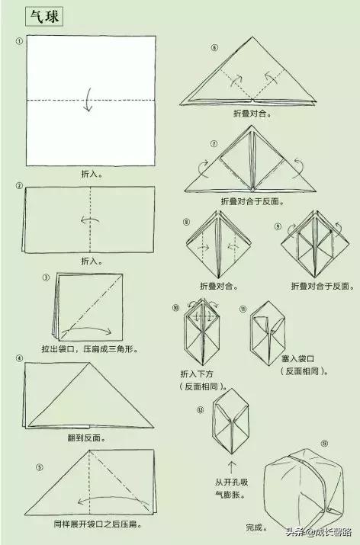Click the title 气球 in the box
coord(44,16)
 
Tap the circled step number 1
coord(19,41)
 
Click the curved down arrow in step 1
coord(88,99)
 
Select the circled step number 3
coord(46,277)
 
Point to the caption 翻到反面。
coord(87,438)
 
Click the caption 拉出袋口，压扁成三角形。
coord(90,348)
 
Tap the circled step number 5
coord(40,468)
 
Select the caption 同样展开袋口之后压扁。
coord(98,524)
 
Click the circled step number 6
coord(214,47)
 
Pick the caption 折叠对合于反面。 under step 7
coord(252,201)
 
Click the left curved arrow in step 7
coord(203,168)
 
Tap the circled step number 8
coord(186,222)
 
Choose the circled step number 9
coord(278,226)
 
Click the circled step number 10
coord(175,308)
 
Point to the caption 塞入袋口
coord(297,358)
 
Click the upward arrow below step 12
coord(232,467)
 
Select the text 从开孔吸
coord(231,482)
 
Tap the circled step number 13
coord(324,444)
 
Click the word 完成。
coord(257,527)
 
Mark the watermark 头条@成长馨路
coord(319,532)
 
